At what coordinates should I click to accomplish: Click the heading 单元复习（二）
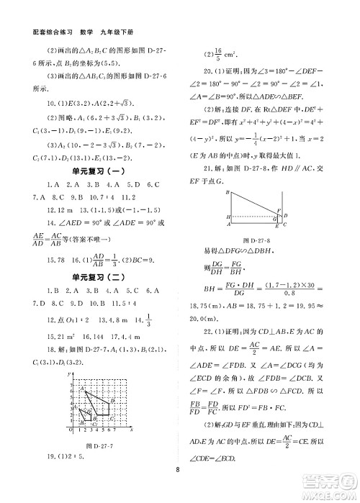(x=100, y=291)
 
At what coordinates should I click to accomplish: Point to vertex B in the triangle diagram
(x=227, y=193)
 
